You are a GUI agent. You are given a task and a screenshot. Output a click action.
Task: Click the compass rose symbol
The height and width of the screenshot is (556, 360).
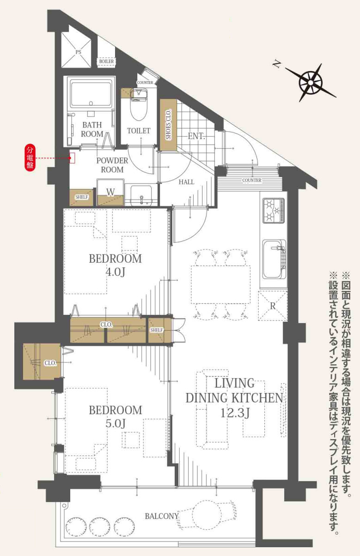pyautogui.click(x=311, y=82)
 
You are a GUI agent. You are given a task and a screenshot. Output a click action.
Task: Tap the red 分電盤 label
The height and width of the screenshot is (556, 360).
pyautogui.click(x=30, y=158)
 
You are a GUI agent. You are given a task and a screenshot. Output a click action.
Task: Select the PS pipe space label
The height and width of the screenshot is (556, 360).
pyautogui.click(x=78, y=52)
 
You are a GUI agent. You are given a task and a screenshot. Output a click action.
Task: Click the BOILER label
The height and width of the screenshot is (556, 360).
pyautogui.click(x=106, y=61)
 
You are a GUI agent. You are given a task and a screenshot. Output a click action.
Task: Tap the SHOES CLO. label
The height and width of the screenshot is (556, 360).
pyautogui.click(x=169, y=124)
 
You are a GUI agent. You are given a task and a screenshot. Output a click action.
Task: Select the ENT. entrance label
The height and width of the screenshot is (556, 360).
pyautogui.click(x=196, y=136)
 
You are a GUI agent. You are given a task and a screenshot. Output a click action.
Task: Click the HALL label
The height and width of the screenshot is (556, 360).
pyautogui.click(x=186, y=181)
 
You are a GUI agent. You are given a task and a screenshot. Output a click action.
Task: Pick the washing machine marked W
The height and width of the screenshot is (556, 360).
pyautogui.click(x=110, y=191)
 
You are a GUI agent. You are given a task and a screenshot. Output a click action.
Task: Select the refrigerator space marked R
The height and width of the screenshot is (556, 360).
pyautogui.click(x=273, y=306)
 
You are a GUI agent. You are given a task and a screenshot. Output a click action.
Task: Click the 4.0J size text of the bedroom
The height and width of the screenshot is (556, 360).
pyautogui.click(x=115, y=272)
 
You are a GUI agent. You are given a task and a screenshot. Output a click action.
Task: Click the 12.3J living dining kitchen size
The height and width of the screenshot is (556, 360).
pyautogui.click(x=235, y=413)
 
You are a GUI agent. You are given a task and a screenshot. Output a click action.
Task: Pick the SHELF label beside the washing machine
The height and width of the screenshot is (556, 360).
pyautogui.click(x=82, y=197)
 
